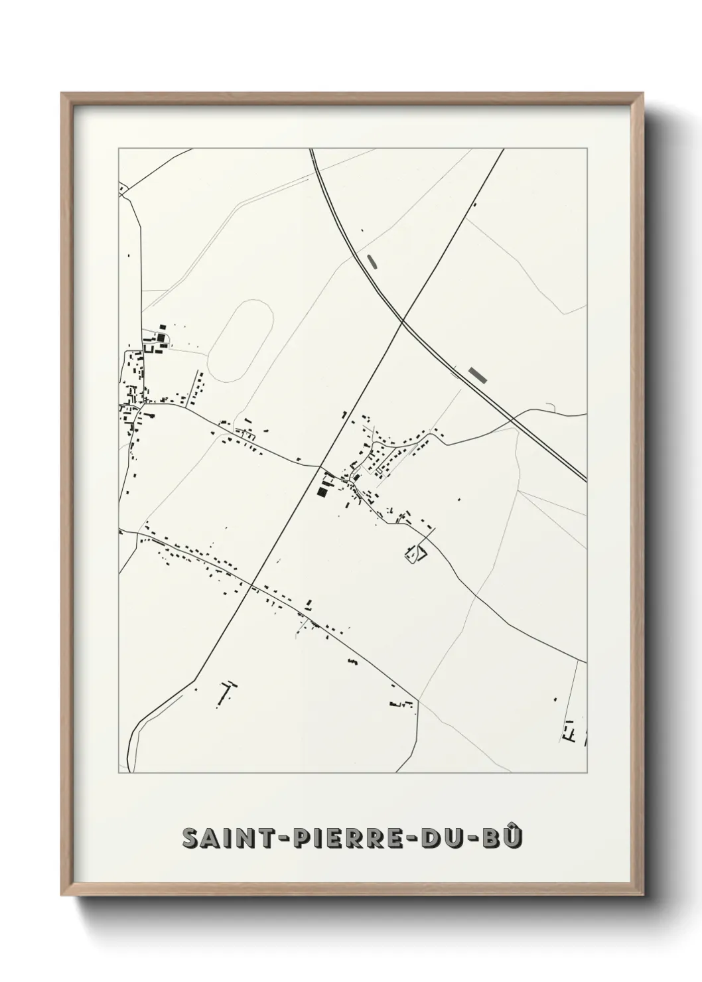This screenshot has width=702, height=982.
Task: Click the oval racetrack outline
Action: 240,341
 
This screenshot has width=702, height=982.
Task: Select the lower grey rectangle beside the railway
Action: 477,375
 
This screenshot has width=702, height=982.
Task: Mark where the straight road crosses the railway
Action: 402,323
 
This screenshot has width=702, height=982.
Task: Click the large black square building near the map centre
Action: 322,491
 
